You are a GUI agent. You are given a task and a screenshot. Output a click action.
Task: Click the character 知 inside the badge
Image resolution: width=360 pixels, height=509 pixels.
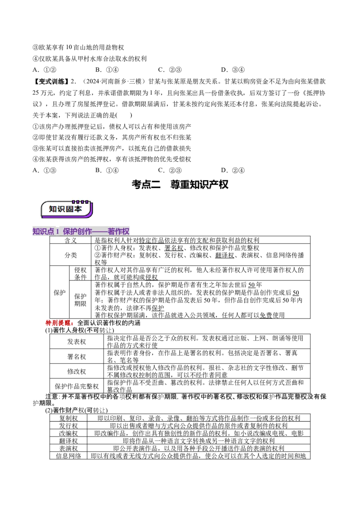click(x=53, y=209)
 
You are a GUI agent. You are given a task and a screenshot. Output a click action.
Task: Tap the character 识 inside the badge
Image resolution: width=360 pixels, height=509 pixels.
click(x=62, y=209)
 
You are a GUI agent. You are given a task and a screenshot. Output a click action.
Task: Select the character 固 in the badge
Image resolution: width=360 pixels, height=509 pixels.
click(x=70, y=209)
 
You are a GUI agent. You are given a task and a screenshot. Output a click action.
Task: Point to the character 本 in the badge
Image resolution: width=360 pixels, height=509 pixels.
click(x=78, y=209)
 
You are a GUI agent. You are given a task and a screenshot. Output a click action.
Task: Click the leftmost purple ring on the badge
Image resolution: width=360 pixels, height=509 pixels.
click(x=73, y=202)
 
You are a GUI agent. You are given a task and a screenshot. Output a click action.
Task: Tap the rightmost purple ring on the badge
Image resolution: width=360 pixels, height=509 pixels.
click(x=87, y=202)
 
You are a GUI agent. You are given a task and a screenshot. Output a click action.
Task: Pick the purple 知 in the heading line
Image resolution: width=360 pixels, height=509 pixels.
click(x=36, y=232)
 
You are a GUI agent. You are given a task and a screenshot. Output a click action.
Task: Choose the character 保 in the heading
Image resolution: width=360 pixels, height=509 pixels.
click(x=67, y=232)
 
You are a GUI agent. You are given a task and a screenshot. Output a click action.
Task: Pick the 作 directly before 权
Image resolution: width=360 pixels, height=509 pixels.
click(x=118, y=232)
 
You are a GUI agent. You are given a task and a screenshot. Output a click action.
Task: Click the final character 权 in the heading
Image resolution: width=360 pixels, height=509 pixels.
click(x=126, y=232)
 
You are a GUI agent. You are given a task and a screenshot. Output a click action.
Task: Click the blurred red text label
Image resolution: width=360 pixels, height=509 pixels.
click(x=59, y=322)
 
